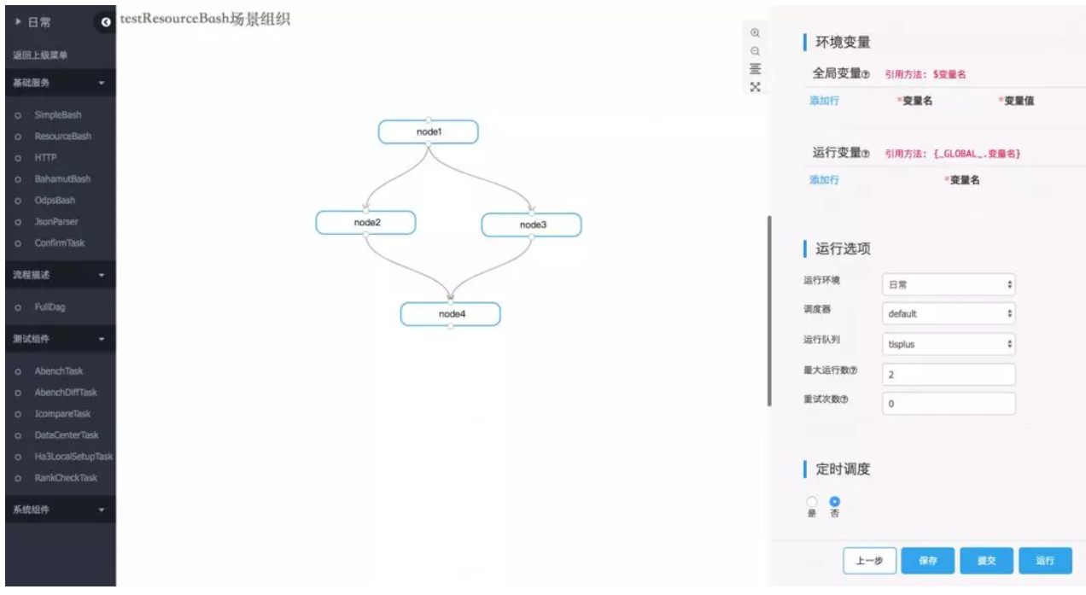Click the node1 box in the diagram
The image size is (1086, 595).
[428, 131]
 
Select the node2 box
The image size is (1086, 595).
[365, 222]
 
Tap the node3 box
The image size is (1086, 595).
[531, 225]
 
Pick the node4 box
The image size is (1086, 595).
[450, 314]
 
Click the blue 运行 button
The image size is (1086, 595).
[1046, 561]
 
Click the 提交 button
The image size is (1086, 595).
[987, 561]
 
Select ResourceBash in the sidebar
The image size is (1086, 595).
[62, 136]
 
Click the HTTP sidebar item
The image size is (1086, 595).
[45, 157]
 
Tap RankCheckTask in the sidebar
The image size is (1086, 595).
[65, 478]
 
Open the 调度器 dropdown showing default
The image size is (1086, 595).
[949, 313]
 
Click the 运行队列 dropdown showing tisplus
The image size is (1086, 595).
[949, 344]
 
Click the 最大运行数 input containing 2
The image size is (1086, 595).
[949, 374]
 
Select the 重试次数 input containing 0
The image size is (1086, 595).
[949, 404]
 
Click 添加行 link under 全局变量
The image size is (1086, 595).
[824, 101]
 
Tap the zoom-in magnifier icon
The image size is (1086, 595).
[755, 32]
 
